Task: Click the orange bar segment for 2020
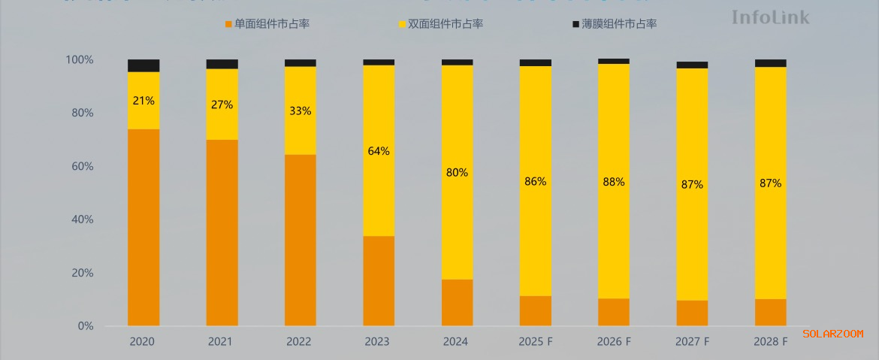(x=143, y=227)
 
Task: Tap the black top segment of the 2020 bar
(x=143, y=65)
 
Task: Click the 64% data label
(x=379, y=151)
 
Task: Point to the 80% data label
(x=457, y=172)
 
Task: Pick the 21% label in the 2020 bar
(x=143, y=100)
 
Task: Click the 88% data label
(x=614, y=181)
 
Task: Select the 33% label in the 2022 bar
(x=300, y=110)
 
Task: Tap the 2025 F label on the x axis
(x=536, y=342)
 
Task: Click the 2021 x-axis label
(x=221, y=342)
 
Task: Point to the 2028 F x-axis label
(x=770, y=342)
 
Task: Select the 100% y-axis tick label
(x=80, y=59)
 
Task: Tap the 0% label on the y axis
(x=86, y=326)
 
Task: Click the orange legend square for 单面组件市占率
(x=229, y=25)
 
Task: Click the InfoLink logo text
(x=771, y=17)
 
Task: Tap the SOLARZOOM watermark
(x=832, y=334)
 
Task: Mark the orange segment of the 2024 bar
(x=457, y=302)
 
